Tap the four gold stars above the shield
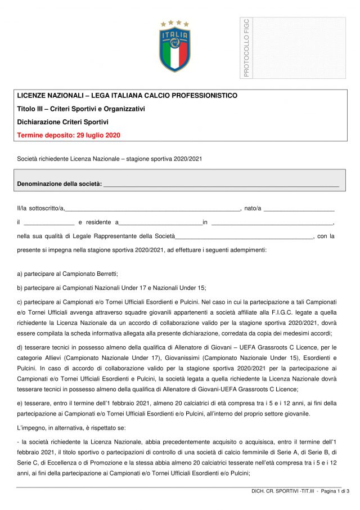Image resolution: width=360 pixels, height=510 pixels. (x=174, y=24)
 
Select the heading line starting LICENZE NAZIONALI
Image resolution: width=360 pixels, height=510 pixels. (x=127, y=96)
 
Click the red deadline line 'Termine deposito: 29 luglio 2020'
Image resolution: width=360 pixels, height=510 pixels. (x=69, y=135)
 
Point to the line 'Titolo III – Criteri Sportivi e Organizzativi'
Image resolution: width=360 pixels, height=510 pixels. (x=81, y=109)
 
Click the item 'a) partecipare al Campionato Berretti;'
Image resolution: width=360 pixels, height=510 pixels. (x=67, y=274)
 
